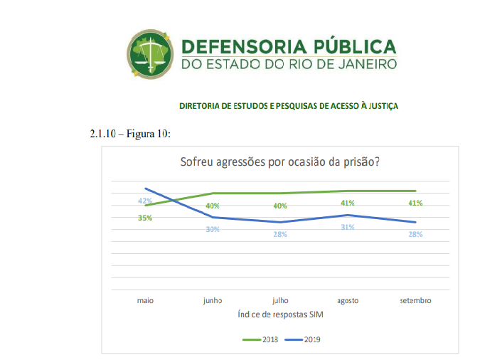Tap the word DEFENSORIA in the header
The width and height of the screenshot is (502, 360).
point(241,47)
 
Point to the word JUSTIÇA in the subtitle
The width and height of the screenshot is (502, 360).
point(379,106)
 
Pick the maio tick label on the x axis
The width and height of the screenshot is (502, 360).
point(145,300)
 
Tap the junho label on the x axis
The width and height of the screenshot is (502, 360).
point(213,300)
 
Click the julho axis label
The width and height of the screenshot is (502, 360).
point(280,300)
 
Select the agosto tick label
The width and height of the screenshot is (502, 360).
point(347,300)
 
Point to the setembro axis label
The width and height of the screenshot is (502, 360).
point(415,300)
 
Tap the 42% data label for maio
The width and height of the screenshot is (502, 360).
point(145,201)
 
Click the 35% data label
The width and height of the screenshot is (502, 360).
point(145,218)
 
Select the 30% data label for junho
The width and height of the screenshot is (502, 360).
point(213,229)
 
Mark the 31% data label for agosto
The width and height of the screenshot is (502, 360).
point(347,227)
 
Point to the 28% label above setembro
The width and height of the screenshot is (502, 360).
point(415,234)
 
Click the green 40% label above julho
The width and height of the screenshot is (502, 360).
point(280,206)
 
